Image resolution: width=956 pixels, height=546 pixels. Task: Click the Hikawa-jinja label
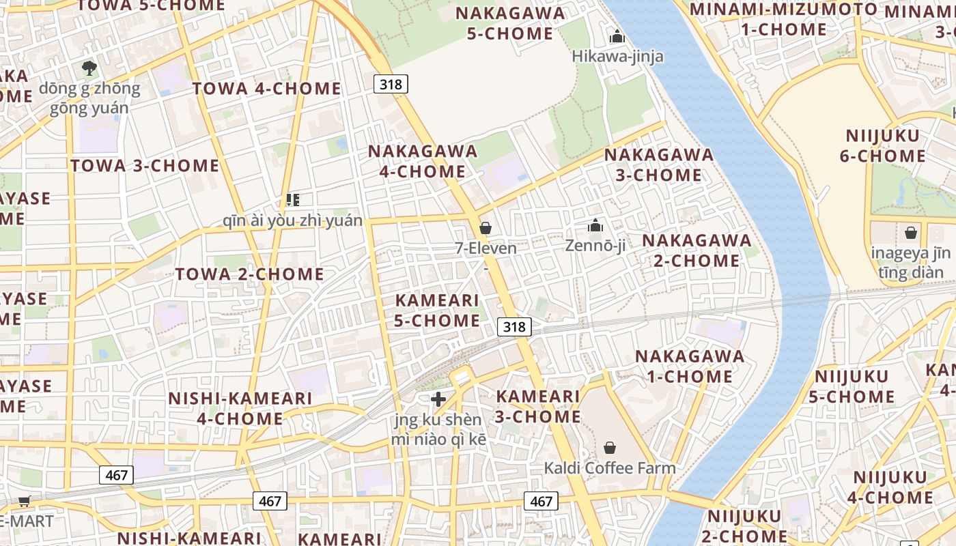coord(617,56)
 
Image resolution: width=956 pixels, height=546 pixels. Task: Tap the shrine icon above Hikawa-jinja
coord(617,36)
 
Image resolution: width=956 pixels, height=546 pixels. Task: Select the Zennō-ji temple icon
coord(595,225)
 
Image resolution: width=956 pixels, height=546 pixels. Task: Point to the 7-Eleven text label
coord(486,248)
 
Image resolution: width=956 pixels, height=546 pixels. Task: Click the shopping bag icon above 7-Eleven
coord(486,227)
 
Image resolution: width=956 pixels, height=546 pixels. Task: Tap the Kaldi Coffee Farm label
coord(609,468)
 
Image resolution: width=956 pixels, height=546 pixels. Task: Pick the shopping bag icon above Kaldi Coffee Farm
coord(609,448)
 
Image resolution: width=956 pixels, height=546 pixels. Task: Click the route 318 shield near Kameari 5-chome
coord(514,327)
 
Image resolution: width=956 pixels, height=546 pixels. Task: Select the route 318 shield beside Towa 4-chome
coord(391,84)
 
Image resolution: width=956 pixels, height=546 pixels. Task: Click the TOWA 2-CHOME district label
coord(249,274)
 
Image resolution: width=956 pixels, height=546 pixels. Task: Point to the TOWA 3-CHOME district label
coord(145,166)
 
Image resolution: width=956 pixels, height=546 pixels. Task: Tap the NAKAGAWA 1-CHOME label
coord(690,366)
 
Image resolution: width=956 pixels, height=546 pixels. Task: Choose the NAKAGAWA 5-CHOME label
coord(510,23)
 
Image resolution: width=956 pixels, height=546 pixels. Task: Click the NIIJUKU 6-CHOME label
coord(882,145)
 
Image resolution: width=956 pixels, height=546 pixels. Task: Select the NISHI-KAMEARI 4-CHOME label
coord(240,408)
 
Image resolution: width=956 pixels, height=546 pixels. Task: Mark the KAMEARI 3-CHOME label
coord(538,406)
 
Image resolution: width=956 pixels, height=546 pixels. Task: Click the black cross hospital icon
coord(438,399)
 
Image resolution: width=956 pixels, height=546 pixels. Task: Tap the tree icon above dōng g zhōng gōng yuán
coord(89,68)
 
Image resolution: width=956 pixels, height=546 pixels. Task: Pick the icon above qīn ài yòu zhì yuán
coord(293,200)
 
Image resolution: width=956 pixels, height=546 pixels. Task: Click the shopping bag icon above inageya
coord(911,233)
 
